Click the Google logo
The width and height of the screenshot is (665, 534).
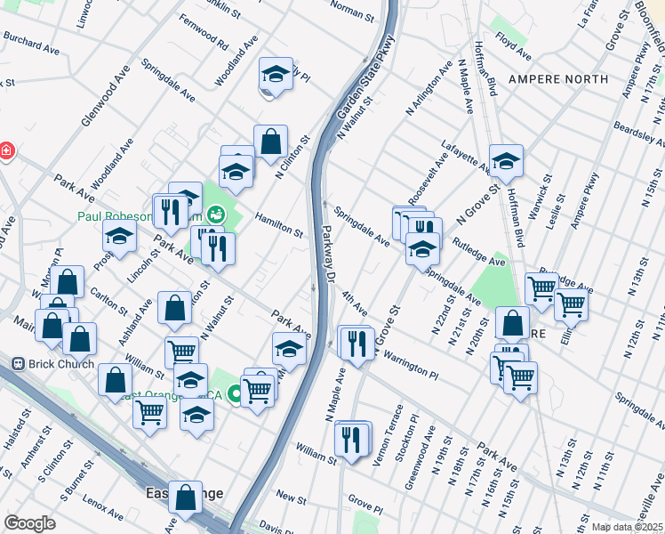point(30,523)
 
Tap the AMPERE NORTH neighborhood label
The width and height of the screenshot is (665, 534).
point(558,79)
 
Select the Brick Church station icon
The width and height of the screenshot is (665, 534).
point(17,364)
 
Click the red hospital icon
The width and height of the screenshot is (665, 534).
point(5,150)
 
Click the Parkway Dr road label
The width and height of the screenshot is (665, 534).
point(324,254)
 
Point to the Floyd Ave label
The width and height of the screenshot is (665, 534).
point(514,39)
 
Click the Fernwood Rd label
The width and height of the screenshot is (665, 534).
point(203,30)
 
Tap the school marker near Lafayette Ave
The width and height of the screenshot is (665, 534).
point(506,160)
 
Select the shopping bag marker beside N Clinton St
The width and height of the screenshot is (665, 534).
point(270,141)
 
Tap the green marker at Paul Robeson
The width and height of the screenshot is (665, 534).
point(215,214)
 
